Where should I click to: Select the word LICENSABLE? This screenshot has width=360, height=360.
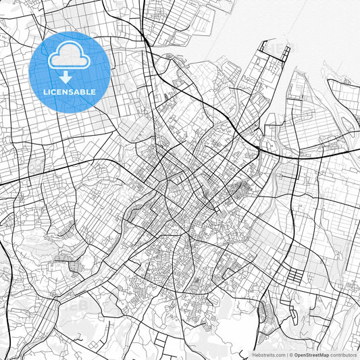coord(70,91)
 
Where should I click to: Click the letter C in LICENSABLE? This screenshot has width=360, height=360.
coord(56,91)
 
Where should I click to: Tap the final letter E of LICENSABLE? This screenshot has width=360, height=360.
coord(93,91)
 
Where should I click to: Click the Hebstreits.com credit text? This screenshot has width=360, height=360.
coord(268,354)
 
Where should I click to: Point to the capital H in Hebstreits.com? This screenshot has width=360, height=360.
coord(254,354)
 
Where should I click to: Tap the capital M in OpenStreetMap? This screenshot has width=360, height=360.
coord(323,354)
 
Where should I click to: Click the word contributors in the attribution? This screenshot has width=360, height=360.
coord(344,354)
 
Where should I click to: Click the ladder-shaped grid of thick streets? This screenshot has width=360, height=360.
coord(297,276)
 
